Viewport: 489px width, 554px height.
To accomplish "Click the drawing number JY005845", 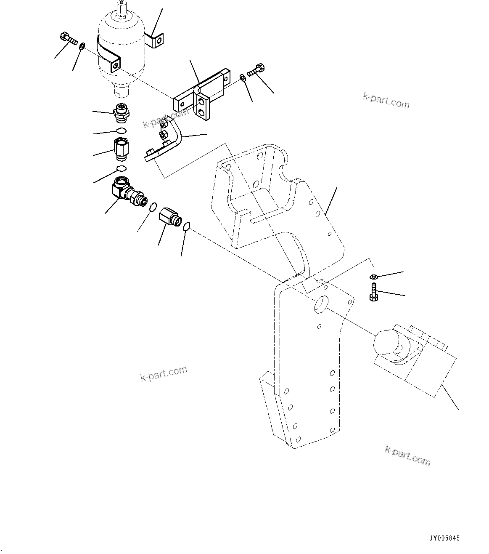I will point(444,538).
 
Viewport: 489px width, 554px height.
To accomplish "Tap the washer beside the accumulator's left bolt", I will point(82,45).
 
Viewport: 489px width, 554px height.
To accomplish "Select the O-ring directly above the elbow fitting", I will point(122,169).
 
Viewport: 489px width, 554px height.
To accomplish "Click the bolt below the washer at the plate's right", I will point(373,292).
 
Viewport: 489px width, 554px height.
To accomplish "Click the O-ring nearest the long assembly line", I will point(186,227).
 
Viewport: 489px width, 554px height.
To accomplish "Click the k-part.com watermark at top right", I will point(386,101).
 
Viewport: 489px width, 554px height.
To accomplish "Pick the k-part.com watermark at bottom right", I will point(407,455).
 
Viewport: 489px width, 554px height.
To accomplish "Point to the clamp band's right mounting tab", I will point(157,41).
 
